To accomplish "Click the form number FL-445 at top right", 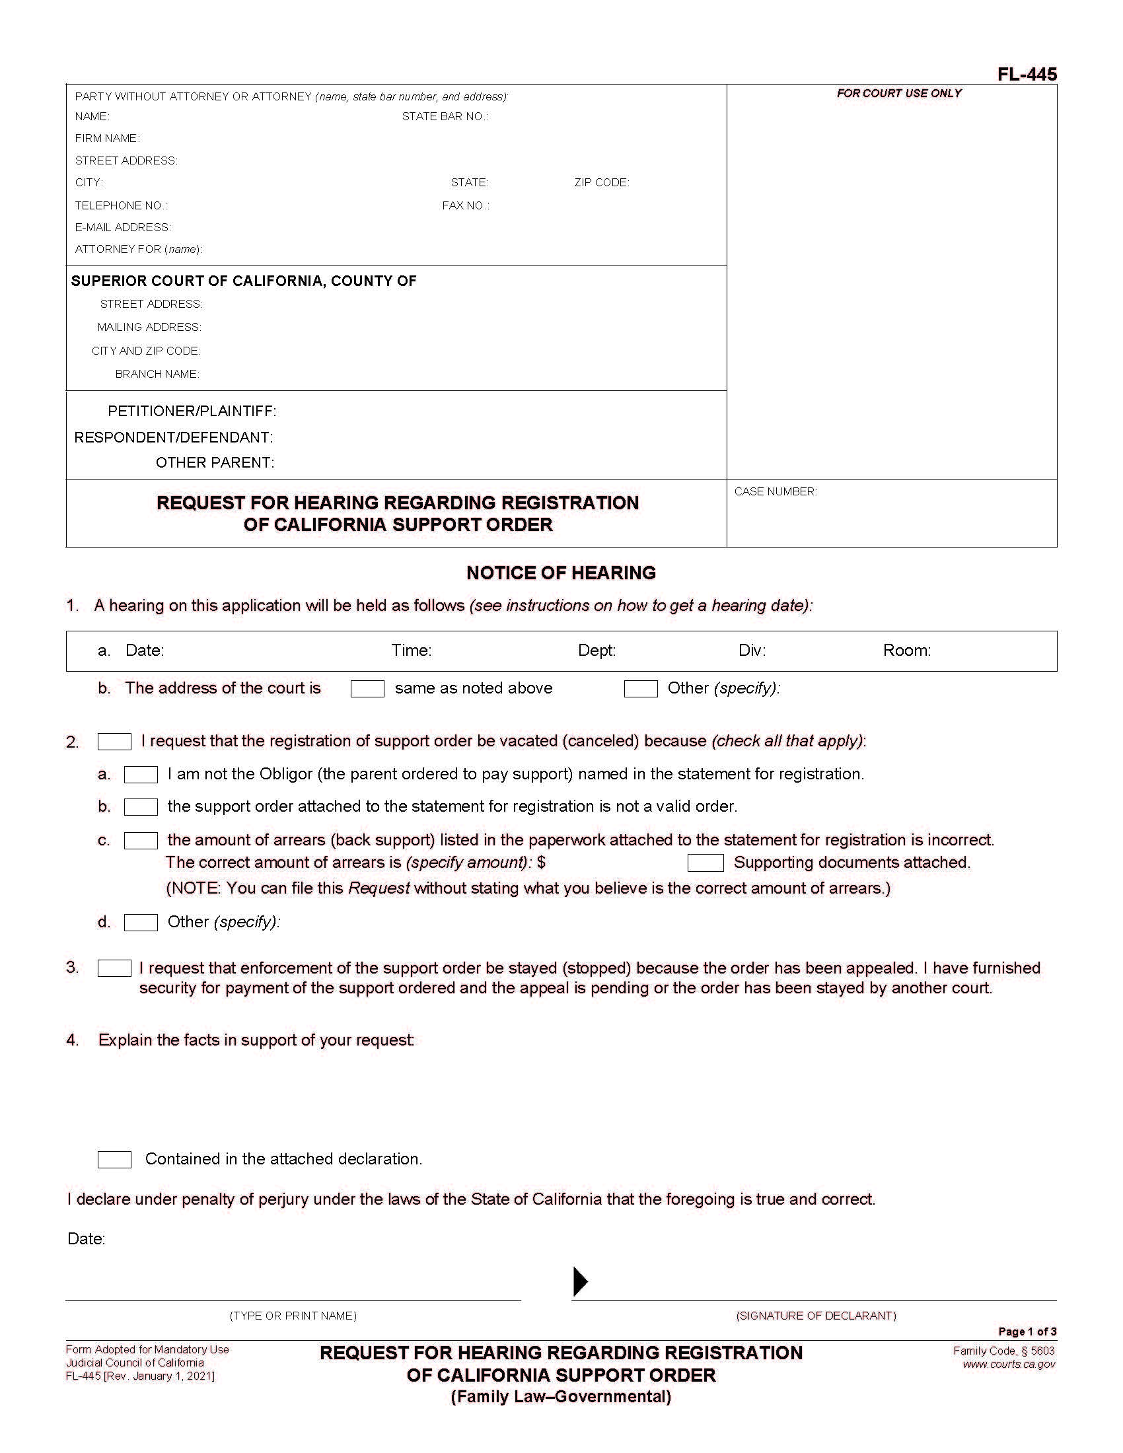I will (x=1027, y=74).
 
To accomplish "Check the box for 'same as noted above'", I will (x=367, y=689).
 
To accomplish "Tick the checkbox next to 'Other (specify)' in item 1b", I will (x=641, y=689).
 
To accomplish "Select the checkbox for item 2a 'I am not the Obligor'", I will (x=141, y=775).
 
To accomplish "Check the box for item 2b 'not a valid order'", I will (x=141, y=807).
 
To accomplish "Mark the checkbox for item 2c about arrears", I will (x=141, y=840).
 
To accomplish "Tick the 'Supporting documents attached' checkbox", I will (x=706, y=863).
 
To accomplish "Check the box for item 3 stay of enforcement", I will (x=114, y=968).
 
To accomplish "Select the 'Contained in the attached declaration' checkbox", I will (x=114, y=1160).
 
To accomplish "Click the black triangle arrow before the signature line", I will (x=580, y=1281).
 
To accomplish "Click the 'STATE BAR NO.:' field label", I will (x=445, y=116).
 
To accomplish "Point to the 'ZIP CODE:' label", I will (x=601, y=182).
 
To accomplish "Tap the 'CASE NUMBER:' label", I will (x=776, y=491).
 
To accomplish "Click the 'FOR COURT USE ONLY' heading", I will (x=899, y=93).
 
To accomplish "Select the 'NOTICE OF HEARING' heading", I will (x=561, y=573).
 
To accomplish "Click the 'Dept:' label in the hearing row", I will (x=597, y=651).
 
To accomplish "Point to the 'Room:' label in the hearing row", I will (x=906, y=651).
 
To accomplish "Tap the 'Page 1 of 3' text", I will (x=1027, y=1331).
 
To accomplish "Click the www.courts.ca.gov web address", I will (x=1009, y=1364).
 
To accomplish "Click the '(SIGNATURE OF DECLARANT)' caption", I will (x=816, y=1315).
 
